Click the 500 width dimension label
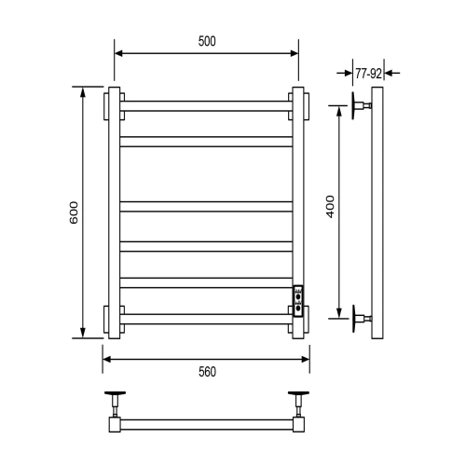(206, 41)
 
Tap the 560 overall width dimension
(207, 372)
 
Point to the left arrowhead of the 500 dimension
(119, 53)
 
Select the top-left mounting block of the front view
(113, 104)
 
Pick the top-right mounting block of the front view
(299, 104)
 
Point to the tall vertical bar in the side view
(377, 213)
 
